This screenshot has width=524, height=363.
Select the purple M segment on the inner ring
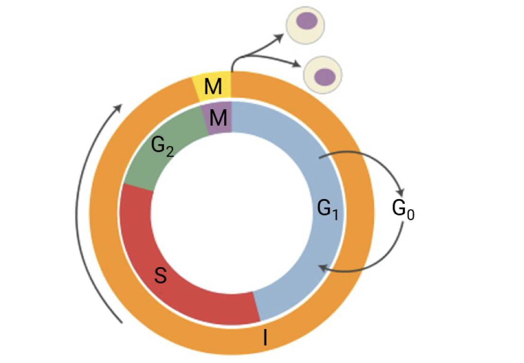[217, 117]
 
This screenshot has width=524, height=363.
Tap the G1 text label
[329, 208]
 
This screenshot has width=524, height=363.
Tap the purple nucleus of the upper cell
[306, 21]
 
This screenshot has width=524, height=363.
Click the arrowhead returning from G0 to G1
[322, 268]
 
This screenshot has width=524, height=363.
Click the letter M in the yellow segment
[212, 87]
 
